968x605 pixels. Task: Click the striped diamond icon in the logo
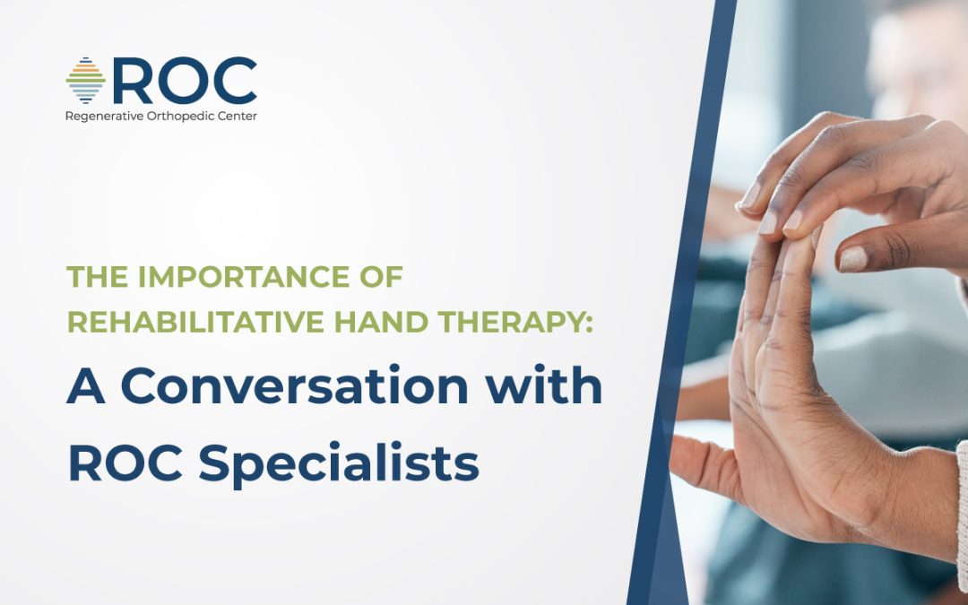click(x=85, y=82)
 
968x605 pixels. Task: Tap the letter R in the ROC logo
click(x=132, y=82)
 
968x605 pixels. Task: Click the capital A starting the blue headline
click(x=86, y=386)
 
